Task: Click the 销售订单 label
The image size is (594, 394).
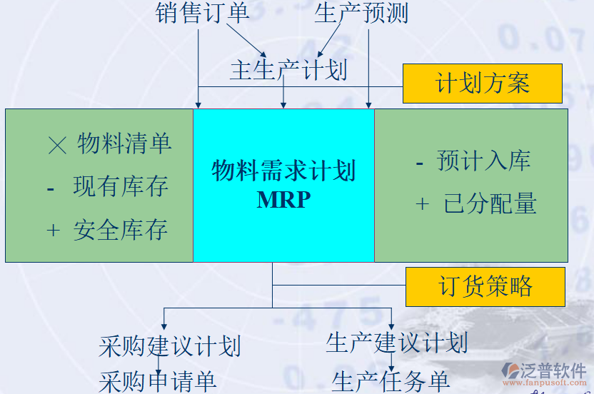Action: (202, 13)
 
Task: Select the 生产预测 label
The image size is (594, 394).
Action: (361, 13)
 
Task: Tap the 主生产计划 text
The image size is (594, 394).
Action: (288, 70)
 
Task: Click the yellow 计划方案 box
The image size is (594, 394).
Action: (483, 84)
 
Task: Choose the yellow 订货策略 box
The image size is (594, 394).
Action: (485, 287)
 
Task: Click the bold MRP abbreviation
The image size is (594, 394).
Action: (283, 199)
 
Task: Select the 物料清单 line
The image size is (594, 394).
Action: (124, 144)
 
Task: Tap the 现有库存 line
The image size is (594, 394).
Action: (121, 187)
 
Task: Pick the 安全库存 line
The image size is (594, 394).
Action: (121, 230)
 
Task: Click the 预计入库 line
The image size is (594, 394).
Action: (483, 161)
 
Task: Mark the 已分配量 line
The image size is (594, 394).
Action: (490, 204)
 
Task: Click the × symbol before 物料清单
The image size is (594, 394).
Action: (56, 146)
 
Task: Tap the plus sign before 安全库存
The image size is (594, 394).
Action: (53, 231)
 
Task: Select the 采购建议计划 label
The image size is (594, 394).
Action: (169, 346)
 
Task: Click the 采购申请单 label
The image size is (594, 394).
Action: (157, 380)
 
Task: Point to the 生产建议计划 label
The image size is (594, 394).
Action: (396, 343)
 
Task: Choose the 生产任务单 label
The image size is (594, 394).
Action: (391, 380)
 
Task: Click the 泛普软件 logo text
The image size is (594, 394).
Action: (554, 370)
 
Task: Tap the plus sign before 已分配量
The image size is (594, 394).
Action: (423, 205)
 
